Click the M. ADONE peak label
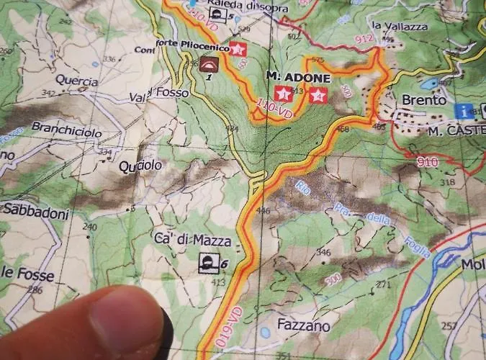[x=297, y=77]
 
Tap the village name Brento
[x=424, y=100]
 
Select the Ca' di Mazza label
[x=182, y=239]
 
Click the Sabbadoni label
[x=35, y=213]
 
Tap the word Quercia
[x=76, y=81]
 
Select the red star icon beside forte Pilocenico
[x=238, y=49]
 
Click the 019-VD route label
[x=222, y=325]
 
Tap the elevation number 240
[x=89, y=227]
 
